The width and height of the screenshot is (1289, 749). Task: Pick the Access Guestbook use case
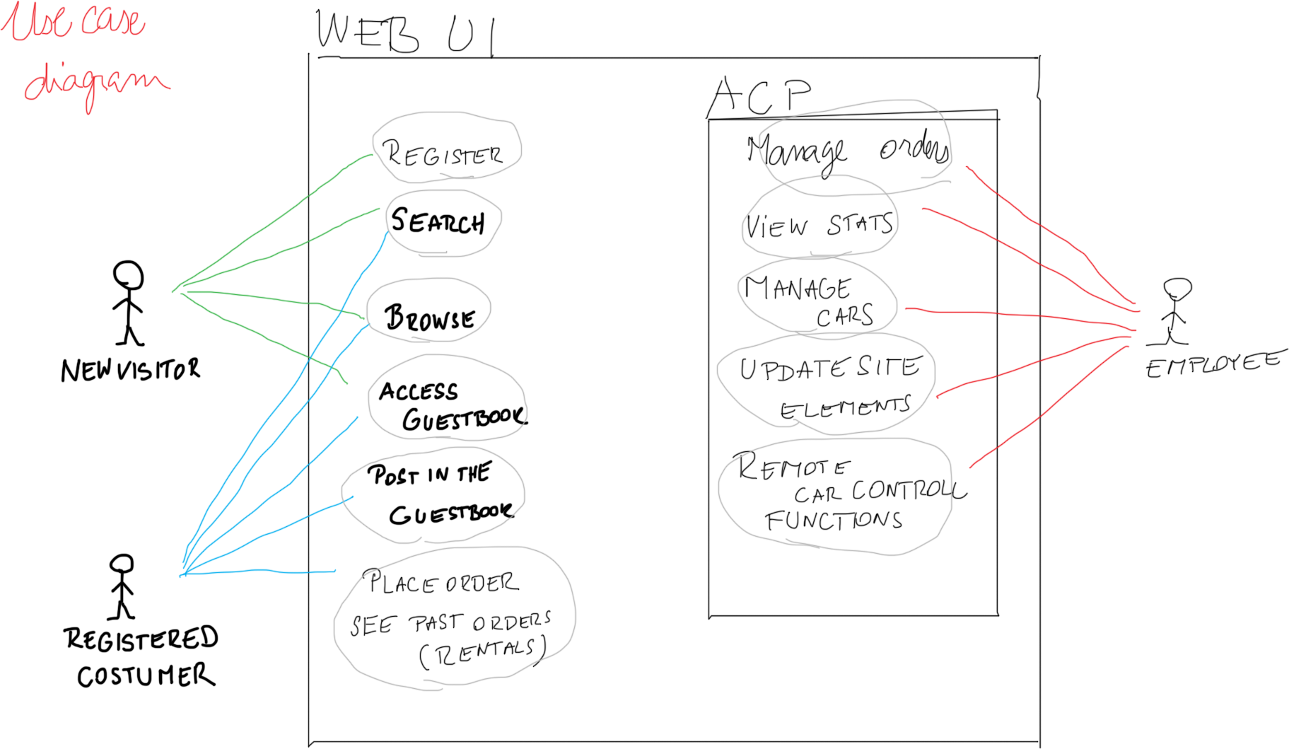(447, 402)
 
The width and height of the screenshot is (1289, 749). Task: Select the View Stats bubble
(820, 225)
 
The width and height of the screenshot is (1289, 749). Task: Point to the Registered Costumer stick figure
(122, 586)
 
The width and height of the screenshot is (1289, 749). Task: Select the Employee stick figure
(1174, 310)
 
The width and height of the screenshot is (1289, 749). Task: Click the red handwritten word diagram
(95, 83)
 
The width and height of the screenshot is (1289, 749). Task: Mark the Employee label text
(1212, 365)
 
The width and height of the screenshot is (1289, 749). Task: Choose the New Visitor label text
(131, 369)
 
